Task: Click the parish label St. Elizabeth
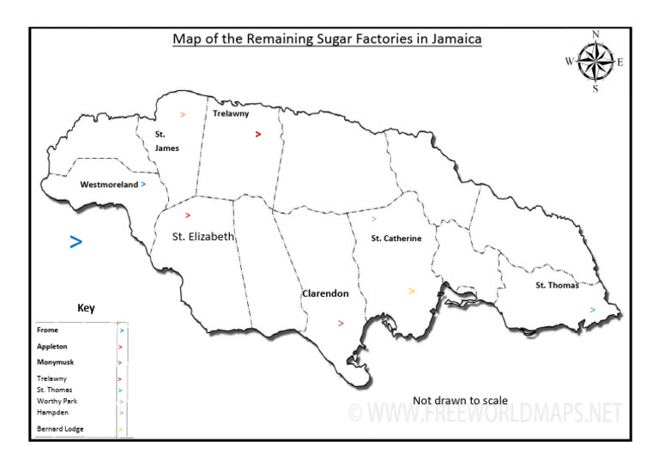(203, 237)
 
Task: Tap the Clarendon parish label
(325, 294)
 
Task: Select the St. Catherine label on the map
(396, 239)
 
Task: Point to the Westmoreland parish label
(109, 185)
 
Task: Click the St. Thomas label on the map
(557, 285)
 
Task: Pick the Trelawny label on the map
(230, 112)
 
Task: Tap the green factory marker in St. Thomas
(592, 309)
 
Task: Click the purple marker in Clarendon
(341, 324)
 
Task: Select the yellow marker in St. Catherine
(412, 292)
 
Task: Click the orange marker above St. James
(183, 114)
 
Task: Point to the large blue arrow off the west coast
(76, 243)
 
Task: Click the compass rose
(595, 61)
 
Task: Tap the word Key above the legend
(86, 309)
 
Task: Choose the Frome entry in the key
(48, 329)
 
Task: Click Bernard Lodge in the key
(60, 428)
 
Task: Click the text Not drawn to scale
(460, 401)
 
